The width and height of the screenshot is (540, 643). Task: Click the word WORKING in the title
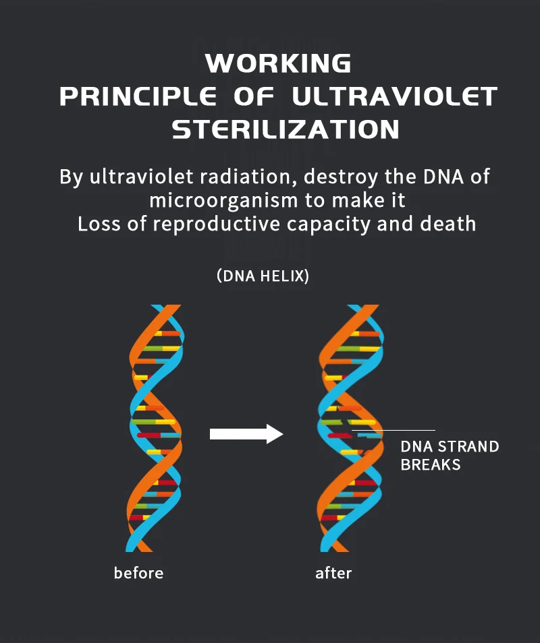pyautogui.click(x=278, y=64)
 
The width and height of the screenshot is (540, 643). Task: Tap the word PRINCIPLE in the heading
pyautogui.click(x=138, y=96)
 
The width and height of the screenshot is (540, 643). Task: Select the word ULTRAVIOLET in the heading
pyautogui.click(x=395, y=96)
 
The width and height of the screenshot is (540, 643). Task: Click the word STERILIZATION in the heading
pyautogui.click(x=286, y=129)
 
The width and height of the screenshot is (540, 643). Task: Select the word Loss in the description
pyautogui.click(x=100, y=223)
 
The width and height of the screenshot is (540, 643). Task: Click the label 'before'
pyautogui.click(x=138, y=573)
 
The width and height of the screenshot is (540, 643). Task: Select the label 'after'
pyautogui.click(x=333, y=573)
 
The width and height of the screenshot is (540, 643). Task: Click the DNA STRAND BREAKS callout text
pyautogui.click(x=450, y=456)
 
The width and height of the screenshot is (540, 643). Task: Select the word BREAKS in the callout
pyautogui.click(x=431, y=464)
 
